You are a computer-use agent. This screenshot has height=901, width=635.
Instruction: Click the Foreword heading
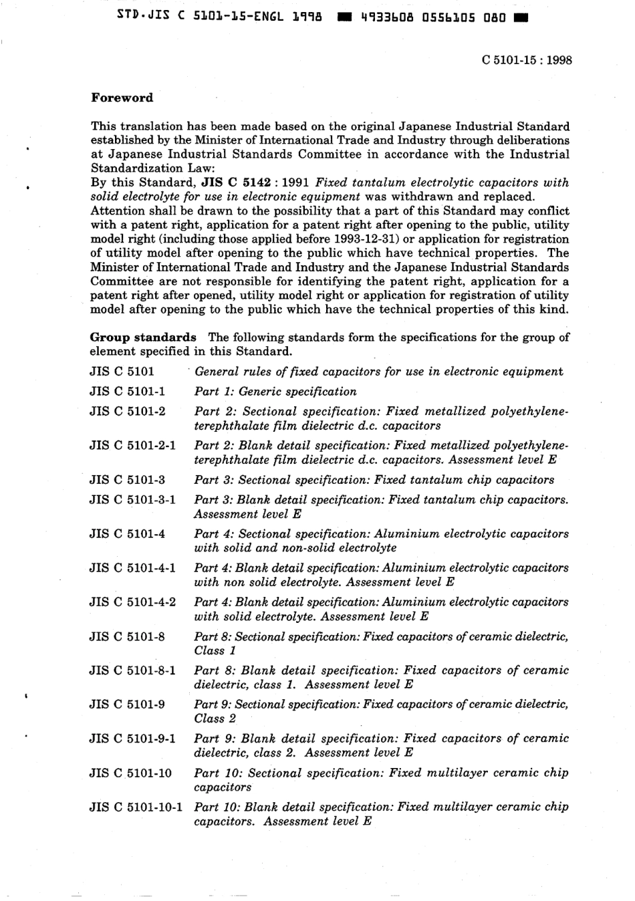(122, 98)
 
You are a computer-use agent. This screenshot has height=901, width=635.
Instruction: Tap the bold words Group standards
(143, 337)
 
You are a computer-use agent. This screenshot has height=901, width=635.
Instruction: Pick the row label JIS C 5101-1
(127, 392)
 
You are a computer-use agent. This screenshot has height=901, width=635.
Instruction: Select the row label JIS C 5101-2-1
(132, 445)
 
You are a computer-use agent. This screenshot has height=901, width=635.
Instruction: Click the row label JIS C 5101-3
(127, 480)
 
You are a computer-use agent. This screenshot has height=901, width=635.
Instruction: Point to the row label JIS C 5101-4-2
(132, 602)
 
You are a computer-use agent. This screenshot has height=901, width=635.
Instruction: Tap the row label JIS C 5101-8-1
(132, 670)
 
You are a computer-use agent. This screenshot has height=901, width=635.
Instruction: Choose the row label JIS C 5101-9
(127, 704)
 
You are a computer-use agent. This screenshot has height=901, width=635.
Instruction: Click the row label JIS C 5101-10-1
(136, 807)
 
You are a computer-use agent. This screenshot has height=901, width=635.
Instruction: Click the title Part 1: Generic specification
(275, 392)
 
